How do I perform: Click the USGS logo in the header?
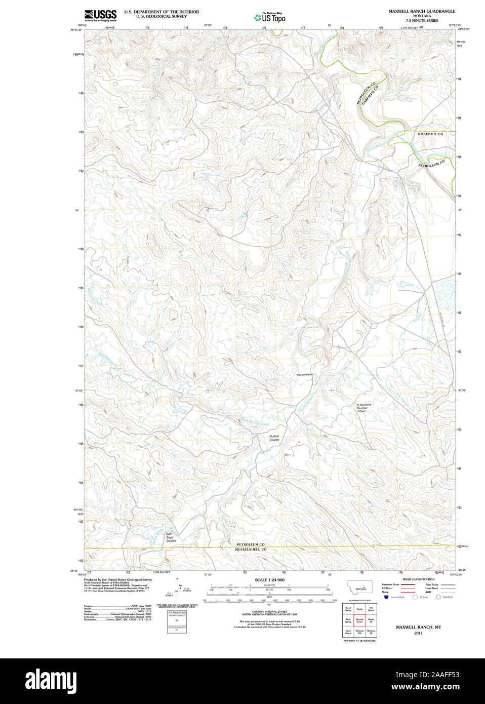pos(100,15)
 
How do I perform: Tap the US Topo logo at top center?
pos(270,18)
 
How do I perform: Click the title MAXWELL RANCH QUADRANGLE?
pos(421,11)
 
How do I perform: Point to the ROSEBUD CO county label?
pos(430,134)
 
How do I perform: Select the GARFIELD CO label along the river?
pos(370,95)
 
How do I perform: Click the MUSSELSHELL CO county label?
pos(250,550)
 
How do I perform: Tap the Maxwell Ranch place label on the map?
pos(305,375)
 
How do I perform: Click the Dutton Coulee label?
pos(274,438)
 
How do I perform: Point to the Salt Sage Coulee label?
pos(171,537)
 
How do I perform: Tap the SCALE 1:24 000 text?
pos(269,580)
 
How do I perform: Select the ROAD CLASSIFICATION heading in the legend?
pos(418,579)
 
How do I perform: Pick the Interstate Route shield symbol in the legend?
pos(386,597)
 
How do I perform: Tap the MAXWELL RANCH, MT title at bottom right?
pos(418,627)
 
